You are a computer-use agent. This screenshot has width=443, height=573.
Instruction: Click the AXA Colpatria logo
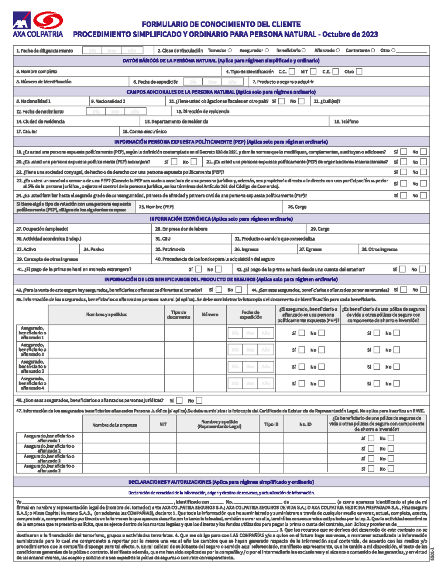38,24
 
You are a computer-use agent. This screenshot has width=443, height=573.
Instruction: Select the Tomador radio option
230,51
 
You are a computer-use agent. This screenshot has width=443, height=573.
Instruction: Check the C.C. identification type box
292,72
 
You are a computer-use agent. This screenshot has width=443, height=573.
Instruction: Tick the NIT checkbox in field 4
313,72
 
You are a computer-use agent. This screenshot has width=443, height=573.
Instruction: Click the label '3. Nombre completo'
37,72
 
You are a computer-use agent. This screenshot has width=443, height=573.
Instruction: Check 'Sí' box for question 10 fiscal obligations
282,101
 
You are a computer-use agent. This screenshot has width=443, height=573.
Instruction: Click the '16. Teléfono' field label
346,121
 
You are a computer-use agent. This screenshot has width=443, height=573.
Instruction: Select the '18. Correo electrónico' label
144,131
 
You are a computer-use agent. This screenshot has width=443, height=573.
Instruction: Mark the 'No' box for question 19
423,152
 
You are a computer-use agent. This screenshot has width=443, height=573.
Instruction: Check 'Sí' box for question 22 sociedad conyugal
404,172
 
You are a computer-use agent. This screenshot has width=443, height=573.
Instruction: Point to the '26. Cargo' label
297,207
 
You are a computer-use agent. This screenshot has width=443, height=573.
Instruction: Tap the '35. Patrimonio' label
170,249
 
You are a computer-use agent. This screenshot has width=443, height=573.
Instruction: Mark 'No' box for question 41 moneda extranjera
219,269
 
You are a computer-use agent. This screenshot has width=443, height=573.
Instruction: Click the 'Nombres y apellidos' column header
106,315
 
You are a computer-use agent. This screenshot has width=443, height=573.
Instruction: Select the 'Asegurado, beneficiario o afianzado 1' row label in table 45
32,333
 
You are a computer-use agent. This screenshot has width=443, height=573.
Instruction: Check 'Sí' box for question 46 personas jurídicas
179,400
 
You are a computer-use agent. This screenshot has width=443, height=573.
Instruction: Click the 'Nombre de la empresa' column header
114,425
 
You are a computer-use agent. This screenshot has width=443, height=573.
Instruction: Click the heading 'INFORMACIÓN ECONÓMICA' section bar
221,219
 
